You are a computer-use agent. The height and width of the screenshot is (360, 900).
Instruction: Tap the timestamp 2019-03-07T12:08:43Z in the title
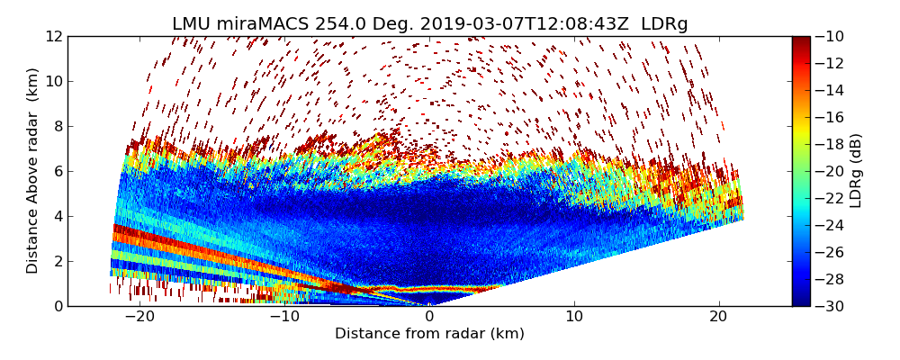pos(517,24)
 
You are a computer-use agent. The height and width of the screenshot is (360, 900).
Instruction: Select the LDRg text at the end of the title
pos(664,24)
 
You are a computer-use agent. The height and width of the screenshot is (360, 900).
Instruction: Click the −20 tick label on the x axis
pos(139,317)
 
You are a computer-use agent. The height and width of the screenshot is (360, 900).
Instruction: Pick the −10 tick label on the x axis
pos(284,317)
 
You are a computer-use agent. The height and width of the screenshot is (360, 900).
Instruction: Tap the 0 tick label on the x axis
pos(429,317)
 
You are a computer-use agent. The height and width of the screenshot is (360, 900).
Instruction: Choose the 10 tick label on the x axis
pos(574,317)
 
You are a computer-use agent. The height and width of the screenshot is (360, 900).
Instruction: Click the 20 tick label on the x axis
pos(719,317)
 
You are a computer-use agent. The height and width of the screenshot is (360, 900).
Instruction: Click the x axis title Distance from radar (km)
pos(429,334)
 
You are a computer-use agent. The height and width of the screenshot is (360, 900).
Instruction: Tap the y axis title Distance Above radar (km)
pos(33,170)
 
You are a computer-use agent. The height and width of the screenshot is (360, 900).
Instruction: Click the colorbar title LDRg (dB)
pos(856,171)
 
